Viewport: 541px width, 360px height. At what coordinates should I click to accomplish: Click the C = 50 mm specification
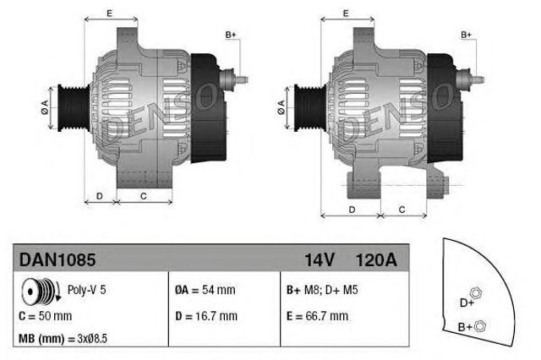45,316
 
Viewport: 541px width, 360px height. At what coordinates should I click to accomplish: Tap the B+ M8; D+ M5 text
321,290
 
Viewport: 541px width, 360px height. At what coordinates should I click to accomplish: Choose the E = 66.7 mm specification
317,316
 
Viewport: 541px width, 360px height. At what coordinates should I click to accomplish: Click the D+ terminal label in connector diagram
466,303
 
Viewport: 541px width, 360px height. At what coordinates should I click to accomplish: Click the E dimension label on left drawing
111,14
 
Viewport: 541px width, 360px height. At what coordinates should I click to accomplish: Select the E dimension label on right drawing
346,14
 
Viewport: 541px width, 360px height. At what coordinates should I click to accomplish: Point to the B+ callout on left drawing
231,34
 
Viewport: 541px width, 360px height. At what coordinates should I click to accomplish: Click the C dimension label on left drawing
144,196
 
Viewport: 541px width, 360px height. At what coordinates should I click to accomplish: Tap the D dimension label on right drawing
351,209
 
